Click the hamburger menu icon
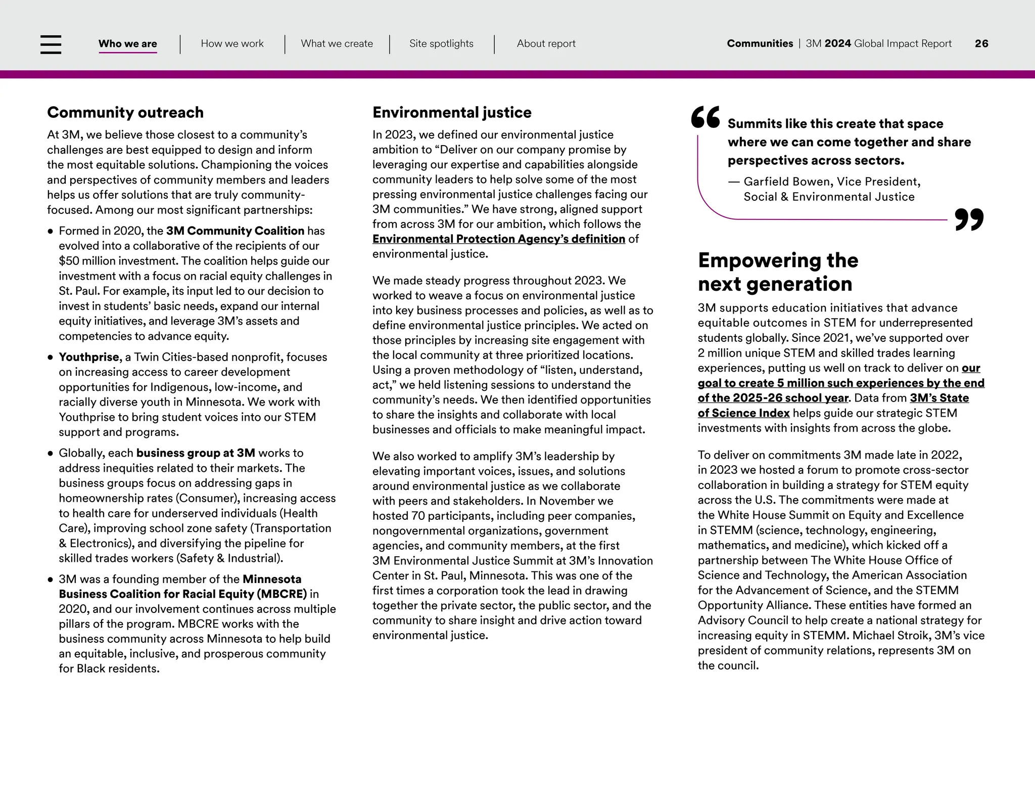point(51,44)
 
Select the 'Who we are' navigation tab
point(127,44)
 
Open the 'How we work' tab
point(232,44)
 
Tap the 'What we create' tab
point(337,44)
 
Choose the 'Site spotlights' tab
point(441,44)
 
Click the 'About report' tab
point(546,44)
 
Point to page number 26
point(981,44)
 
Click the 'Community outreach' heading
point(125,112)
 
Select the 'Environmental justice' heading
point(452,112)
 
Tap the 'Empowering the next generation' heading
point(778,272)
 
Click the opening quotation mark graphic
point(705,118)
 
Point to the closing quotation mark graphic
point(969,219)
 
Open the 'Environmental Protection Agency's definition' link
point(498,239)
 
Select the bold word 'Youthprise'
point(89,357)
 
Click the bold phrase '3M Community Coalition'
point(235,231)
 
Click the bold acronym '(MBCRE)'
point(283,594)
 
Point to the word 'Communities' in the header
point(760,44)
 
